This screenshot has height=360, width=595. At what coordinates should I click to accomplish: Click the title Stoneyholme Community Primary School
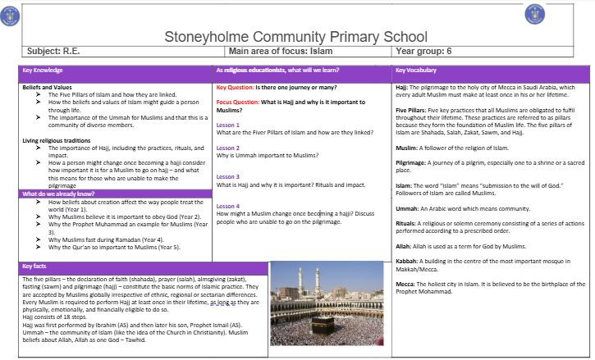point(296,37)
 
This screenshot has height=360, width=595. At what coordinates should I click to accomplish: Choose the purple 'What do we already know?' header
point(57,194)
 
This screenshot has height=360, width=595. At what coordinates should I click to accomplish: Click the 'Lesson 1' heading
point(228,125)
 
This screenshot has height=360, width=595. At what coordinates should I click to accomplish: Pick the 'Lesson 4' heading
point(228,206)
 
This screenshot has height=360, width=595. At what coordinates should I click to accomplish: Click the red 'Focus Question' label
point(237,102)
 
